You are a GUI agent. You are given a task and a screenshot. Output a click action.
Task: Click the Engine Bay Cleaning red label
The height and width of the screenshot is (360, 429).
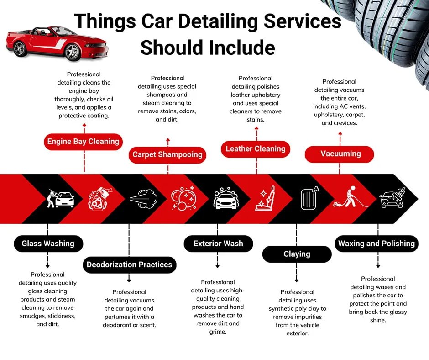[x=83, y=142]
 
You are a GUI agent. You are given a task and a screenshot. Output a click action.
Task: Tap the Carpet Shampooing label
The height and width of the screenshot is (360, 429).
[x=167, y=155]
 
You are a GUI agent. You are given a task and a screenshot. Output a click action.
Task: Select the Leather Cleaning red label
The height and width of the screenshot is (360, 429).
[x=256, y=149]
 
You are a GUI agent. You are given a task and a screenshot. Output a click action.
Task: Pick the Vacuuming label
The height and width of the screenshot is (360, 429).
[x=340, y=154]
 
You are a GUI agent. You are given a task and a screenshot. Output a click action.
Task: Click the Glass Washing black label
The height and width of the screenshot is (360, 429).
[x=48, y=244]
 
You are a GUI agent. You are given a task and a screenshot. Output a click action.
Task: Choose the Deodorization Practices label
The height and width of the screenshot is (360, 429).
[x=130, y=265]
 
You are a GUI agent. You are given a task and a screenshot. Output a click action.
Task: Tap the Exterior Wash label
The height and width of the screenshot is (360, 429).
[x=218, y=244]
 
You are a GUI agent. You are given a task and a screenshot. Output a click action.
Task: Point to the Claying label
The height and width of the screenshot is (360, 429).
[x=297, y=254]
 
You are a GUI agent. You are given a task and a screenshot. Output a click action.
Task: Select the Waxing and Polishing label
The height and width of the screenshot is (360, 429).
[x=377, y=244]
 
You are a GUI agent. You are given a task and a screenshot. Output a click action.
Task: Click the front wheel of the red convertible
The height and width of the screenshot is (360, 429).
[x=72, y=52]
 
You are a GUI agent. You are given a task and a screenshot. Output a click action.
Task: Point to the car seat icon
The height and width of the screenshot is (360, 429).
[x=265, y=198]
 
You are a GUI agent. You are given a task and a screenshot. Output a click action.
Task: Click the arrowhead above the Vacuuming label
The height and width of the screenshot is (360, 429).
[x=340, y=133]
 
